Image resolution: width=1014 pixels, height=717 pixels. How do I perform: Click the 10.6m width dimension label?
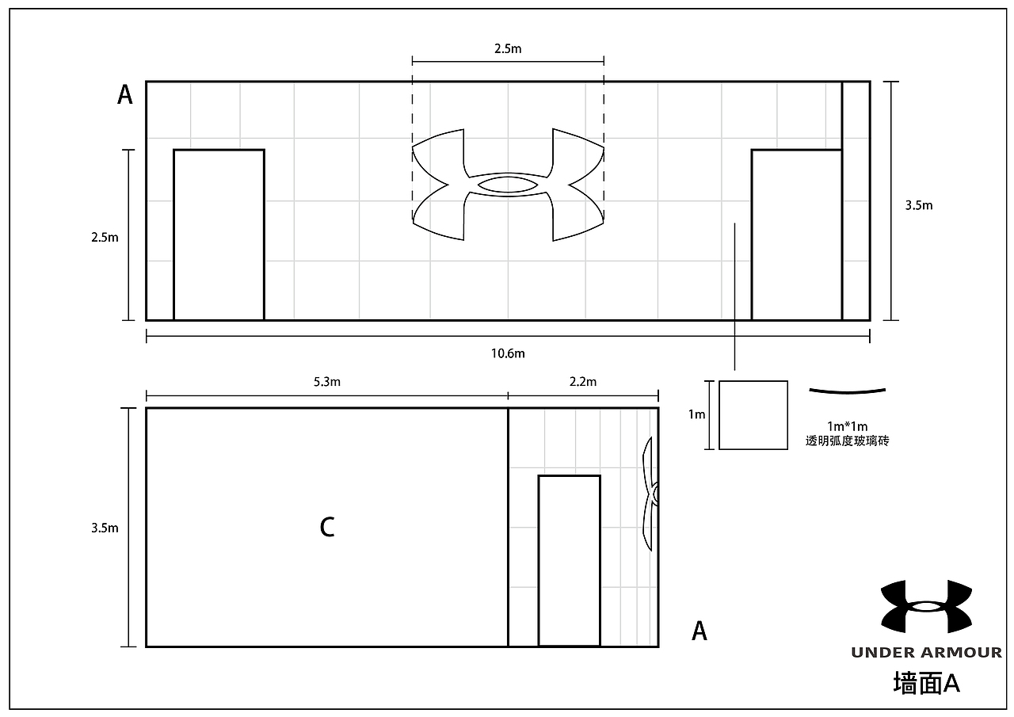click(508, 353)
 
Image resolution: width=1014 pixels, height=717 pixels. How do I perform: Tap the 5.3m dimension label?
click(327, 382)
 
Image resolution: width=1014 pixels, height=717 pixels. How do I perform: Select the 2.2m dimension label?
click(583, 382)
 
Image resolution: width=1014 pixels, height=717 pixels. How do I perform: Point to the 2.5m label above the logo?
click(508, 49)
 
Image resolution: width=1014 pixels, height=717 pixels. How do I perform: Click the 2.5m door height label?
click(105, 238)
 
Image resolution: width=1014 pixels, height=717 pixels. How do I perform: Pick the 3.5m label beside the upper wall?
click(919, 205)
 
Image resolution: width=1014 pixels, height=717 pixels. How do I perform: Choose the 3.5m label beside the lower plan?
click(105, 528)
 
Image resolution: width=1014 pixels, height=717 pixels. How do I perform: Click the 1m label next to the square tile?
click(696, 414)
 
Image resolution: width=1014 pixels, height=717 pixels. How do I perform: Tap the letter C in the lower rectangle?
click(327, 528)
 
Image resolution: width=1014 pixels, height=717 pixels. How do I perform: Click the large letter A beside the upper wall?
click(125, 95)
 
